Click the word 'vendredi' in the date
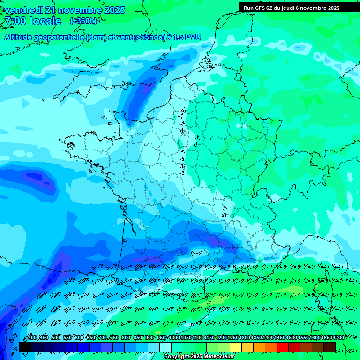tap(23, 10)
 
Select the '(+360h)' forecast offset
tap(83, 21)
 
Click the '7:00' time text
tap(15, 21)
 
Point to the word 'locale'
tap(45, 21)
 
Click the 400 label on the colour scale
tap(32, 337)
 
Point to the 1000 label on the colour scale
tap(174, 337)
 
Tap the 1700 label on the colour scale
tap(339, 337)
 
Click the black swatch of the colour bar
tap(25, 347)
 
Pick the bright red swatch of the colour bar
tap(283, 347)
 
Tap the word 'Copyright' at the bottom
tap(175, 357)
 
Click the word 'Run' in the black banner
tap(249, 8)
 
